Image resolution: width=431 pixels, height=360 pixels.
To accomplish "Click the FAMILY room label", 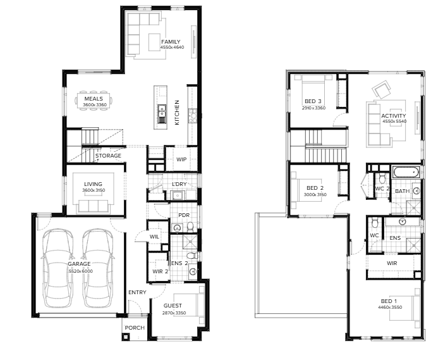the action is pyautogui.click(x=171, y=42).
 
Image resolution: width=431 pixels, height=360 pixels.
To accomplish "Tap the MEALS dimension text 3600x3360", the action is pyautogui.click(x=95, y=105).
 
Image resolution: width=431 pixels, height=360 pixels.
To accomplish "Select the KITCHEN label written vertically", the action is pyautogui.click(x=177, y=112).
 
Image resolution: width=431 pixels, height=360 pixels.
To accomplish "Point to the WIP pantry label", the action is pyautogui.click(x=181, y=159).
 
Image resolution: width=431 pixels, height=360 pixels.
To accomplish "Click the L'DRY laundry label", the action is pyautogui.click(x=179, y=184).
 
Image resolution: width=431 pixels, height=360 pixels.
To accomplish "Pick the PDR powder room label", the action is pyautogui.click(x=184, y=215).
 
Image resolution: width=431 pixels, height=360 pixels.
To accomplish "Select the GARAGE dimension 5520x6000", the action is pyautogui.click(x=80, y=271).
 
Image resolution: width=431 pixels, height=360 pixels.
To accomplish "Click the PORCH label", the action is pyautogui.click(x=135, y=328).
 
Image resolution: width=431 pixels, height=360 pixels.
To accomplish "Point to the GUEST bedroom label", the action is pyautogui.click(x=173, y=306).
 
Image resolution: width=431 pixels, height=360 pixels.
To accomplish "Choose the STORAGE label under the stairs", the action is pyautogui.click(x=108, y=156).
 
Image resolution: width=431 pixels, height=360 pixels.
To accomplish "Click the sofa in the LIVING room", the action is pyautogui.click(x=93, y=206).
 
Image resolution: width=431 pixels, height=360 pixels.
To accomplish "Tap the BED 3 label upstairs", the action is pyautogui.click(x=313, y=101).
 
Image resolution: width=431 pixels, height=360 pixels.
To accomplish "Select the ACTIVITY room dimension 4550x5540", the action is pyautogui.click(x=394, y=121).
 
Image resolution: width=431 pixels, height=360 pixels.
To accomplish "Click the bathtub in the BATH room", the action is pyautogui.click(x=406, y=173).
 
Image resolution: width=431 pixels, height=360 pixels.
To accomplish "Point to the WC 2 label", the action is pyautogui.click(x=382, y=189).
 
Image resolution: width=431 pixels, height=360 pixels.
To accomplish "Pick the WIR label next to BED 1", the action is pyautogui.click(x=392, y=263).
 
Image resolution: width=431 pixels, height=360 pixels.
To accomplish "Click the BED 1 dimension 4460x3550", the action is pyautogui.click(x=390, y=307).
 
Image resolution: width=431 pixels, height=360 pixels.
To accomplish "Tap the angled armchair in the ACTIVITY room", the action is pyautogui.click(x=382, y=89).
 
